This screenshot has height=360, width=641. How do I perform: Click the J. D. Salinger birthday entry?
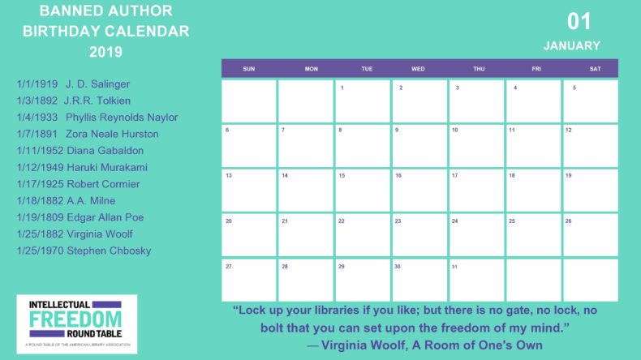coord(73,84)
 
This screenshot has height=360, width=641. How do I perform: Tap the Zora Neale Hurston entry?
coord(88,134)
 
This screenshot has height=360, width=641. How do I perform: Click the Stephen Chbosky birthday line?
coord(84,251)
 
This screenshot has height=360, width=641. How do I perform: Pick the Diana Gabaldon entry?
coord(81,150)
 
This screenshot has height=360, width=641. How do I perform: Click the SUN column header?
coord(249,69)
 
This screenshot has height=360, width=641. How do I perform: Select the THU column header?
coord(479,69)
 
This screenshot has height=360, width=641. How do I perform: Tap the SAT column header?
coord(595,69)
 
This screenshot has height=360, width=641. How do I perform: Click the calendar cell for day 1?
coord(363,101)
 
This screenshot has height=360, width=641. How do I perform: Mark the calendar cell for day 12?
coord(590,145)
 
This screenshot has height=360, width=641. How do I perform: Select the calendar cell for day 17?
coord(476,190)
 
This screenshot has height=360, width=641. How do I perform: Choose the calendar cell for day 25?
coord(533,235)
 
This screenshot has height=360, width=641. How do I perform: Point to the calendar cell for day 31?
coord(476,280)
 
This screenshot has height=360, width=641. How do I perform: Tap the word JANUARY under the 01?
coord(572,45)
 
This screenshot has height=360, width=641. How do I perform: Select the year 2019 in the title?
coord(105,52)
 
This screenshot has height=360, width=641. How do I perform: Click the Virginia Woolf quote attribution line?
coord(424,345)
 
